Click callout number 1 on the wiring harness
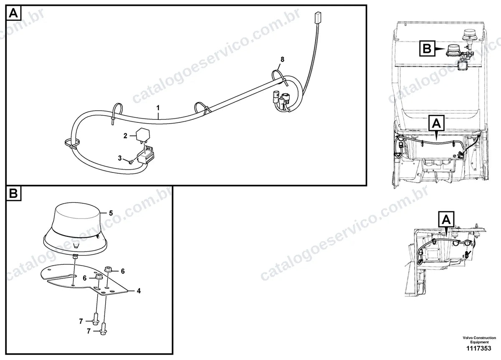pyautogui.click(x=158, y=108)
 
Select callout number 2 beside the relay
pyautogui.click(x=125, y=136)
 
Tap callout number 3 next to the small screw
pyautogui.click(x=120, y=158)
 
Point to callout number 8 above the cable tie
pyautogui.click(x=282, y=59)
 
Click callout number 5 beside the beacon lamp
pyautogui.click(x=111, y=213)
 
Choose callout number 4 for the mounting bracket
pyautogui.click(x=139, y=291)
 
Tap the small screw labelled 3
pyautogui.click(x=131, y=162)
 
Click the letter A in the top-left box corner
pyautogui.click(x=13, y=13)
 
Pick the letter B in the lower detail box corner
pyautogui.click(x=13, y=193)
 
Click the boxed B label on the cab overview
pyautogui.click(x=427, y=48)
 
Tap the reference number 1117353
pyautogui.click(x=478, y=348)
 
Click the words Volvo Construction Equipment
pyautogui.click(x=479, y=340)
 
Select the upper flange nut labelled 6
pyautogui.click(x=108, y=269)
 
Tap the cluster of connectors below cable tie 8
pyautogui.click(x=282, y=101)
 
